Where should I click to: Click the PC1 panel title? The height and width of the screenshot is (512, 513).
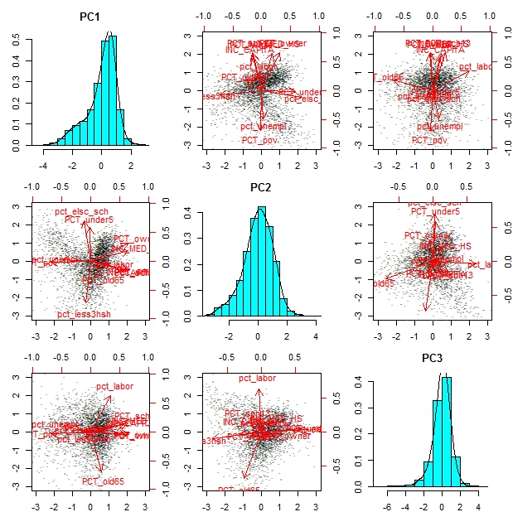[91, 16]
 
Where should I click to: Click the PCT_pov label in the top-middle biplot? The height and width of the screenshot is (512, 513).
[259, 141]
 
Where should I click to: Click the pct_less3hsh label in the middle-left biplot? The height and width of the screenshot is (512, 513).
[83, 314]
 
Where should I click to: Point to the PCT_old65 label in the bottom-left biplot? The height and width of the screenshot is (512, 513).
[102, 481]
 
